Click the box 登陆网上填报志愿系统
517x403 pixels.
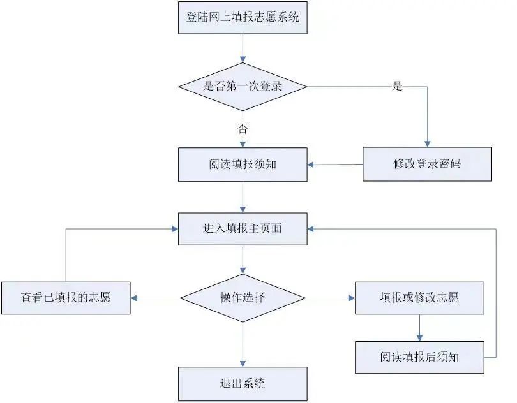[x=243, y=17]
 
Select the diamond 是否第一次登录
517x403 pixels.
[x=243, y=86]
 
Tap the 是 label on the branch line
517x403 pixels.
[x=398, y=86]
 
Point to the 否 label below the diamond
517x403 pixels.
[x=243, y=128]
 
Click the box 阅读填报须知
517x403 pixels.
[x=243, y=165]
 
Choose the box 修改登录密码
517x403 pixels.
[x=427, y=164]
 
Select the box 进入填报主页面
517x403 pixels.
[x=243, y=228]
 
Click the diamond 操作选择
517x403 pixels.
[x=243, y=297]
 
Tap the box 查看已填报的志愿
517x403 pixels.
[x=66, y=297]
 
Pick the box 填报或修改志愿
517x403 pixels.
[x=419, y=297]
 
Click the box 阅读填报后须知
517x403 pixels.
[x=419, y=356]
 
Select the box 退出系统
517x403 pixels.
[x=243, y=383]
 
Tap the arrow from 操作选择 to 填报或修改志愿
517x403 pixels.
[x=330, y=297]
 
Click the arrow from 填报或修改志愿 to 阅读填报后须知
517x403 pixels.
[x=419, y=327]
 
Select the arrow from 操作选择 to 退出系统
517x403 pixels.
[x=243, y=344]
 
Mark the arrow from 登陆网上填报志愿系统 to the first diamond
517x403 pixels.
[x=243, y=48]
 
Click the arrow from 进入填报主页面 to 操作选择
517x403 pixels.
[x=243, y=260]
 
